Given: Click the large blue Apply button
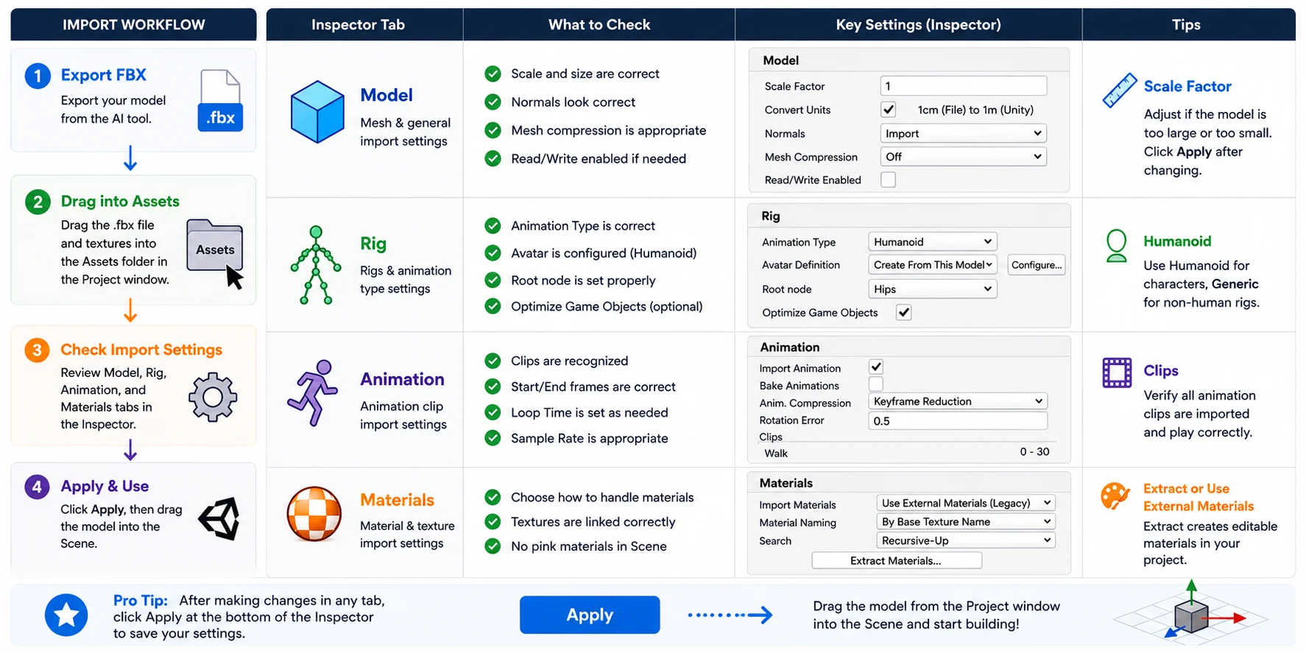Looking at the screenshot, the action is [x=590, y=615].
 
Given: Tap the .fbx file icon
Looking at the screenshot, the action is [x=220, y=101].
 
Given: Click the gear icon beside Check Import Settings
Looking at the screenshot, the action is [x=213, y=398].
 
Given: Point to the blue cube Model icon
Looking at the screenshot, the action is [x=317, y=112].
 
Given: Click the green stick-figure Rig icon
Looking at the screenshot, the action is [x=316, y=265].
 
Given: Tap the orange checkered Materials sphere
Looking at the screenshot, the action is [x=314, y=514].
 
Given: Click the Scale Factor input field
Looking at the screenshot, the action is [x=964, y=86].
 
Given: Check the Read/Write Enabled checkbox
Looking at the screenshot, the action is [x=889, y=180].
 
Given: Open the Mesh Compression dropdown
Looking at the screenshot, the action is [x=964, y=157].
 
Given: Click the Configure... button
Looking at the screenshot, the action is [x=1037, y=265].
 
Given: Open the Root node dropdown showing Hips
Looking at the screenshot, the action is [x=933, y=289].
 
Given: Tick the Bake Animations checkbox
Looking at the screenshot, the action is [x=876, y=384].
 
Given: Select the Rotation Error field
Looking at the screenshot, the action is [x=958, y=421].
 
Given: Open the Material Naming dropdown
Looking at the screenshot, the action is [x=966, y=522].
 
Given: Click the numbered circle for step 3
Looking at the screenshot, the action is [x=37, y=350].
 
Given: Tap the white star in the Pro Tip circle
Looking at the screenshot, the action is [x=66, y=615].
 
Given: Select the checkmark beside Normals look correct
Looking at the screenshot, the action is [x=493, y=102].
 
